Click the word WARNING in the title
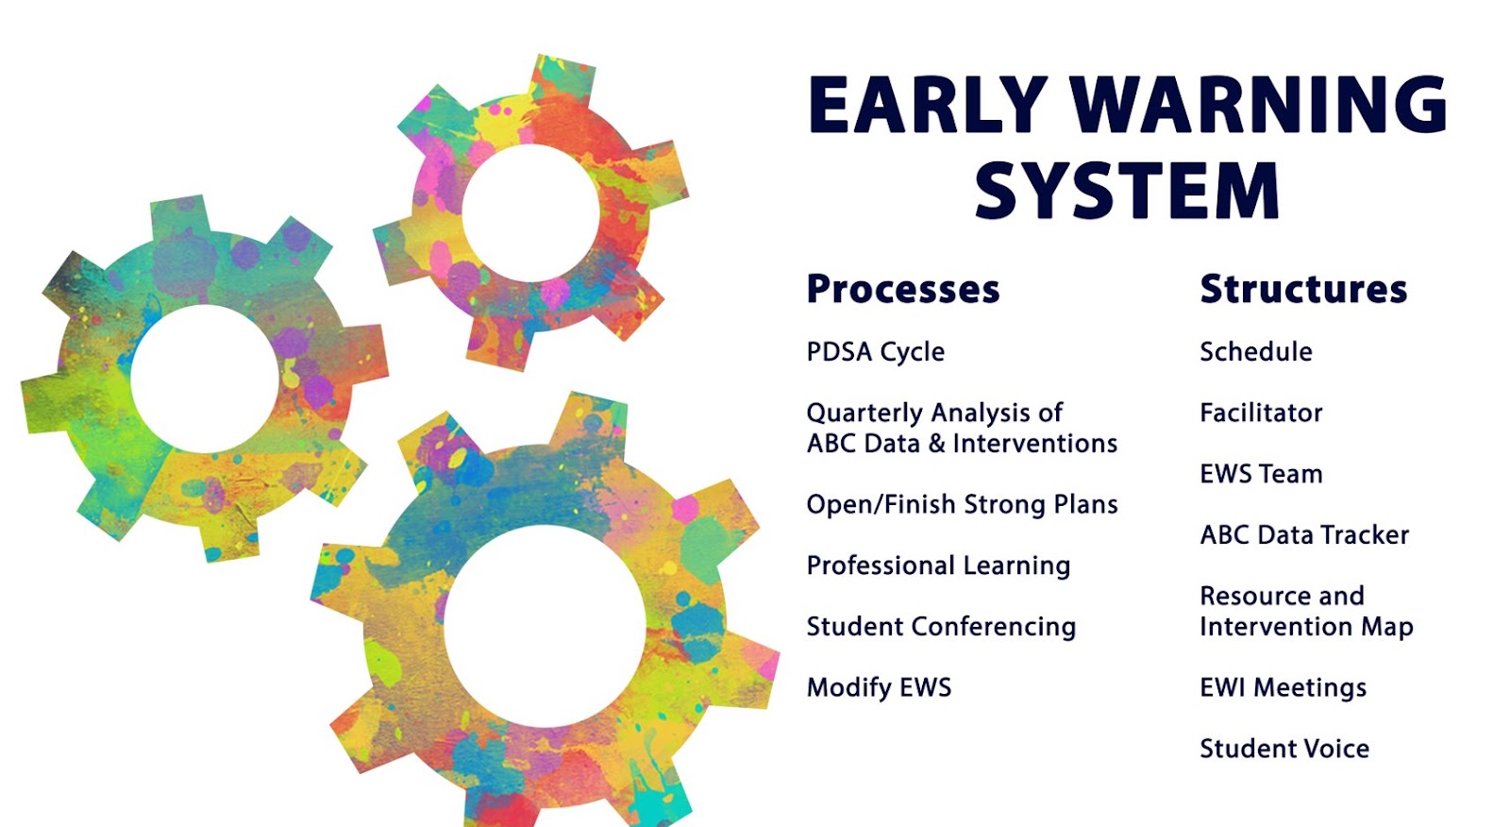click(1259, 105)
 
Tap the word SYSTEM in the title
click(1127, 190)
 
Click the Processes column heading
click(903, 289)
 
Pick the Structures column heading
click(1303, 289)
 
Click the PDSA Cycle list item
click(876, 352)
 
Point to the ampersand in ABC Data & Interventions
click(936, 444)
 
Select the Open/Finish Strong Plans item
click(962, 504)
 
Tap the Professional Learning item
click(938, 565)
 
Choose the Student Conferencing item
click(941, 627)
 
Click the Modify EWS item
click(879, 687)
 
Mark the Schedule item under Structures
click(1256, 351)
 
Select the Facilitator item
click(1261, 413)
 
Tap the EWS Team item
click(1261, 474)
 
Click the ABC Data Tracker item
click(1304, 535)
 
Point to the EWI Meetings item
click(1283, 688)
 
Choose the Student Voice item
click(1284, 749)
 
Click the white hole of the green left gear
click(204, 380)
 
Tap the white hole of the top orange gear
click(530, 213)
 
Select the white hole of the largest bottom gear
click(545, 626)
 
